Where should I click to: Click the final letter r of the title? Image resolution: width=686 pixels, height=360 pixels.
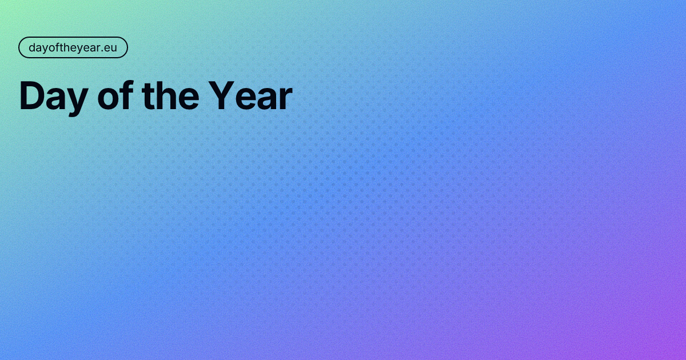point(285,99)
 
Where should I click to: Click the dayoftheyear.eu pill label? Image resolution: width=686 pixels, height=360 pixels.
point(73,47)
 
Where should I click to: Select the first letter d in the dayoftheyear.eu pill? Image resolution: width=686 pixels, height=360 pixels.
point(32,47)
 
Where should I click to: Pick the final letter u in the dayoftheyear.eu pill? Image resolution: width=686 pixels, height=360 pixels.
point(113,48)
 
